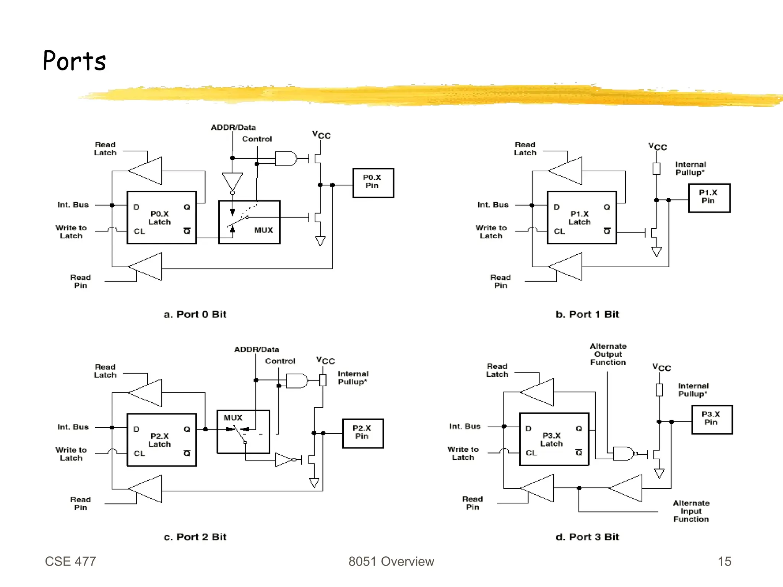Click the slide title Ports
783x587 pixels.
click(74, 61)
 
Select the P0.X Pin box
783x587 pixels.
click(373, 182)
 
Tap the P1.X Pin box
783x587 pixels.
click(709, 197)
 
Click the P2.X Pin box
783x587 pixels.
click(362, 433)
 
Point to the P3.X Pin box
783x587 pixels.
click(712, 419)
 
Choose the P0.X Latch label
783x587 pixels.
click(160, 218)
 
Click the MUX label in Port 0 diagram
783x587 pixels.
click(263, 230)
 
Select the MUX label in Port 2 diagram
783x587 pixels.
click(233, 418)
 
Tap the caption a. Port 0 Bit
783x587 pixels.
click(195, 314)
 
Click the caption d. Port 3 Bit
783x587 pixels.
click(587, 537)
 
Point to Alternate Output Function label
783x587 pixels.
click(608, 354)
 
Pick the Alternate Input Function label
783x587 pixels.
click(691, 511)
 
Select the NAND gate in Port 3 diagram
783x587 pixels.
click(623, 454)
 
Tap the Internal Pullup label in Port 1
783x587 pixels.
click(690, 168)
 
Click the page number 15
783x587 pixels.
click(724, 561)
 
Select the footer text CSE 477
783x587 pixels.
click(70, 561)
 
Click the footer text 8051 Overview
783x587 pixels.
click(391, 561)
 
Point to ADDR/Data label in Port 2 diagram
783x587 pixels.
click(257, 350)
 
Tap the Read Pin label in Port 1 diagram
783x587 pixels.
click(500, 281)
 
